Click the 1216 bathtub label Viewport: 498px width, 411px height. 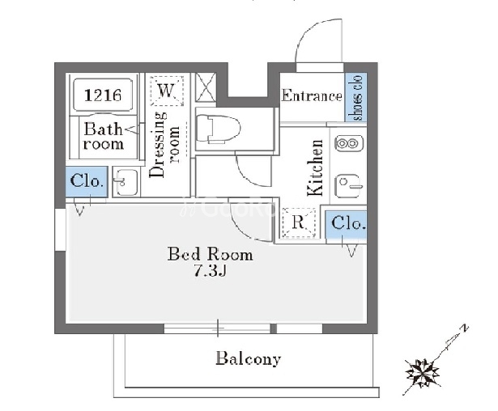[103, 95]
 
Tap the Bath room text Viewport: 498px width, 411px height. [104, 136]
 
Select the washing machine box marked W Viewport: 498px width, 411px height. [167, 91]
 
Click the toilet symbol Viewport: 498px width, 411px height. [219, 129]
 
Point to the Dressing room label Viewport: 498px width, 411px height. [164, 144]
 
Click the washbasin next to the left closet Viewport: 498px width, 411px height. [126, 183]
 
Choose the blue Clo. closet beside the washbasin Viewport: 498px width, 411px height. [87, 182]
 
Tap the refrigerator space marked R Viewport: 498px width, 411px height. [299, 222]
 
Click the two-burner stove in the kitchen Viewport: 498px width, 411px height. [349, 143]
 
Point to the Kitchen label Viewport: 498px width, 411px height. [315, 167]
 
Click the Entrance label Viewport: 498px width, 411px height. [312, 95]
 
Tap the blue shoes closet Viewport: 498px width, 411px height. [356, 97]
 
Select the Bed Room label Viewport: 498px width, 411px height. [211, 254]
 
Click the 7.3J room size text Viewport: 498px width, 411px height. [210, 271]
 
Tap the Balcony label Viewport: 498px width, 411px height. [248, 358]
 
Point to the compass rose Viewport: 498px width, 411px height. [424, 373]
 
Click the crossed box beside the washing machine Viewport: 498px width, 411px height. [206, 87]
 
